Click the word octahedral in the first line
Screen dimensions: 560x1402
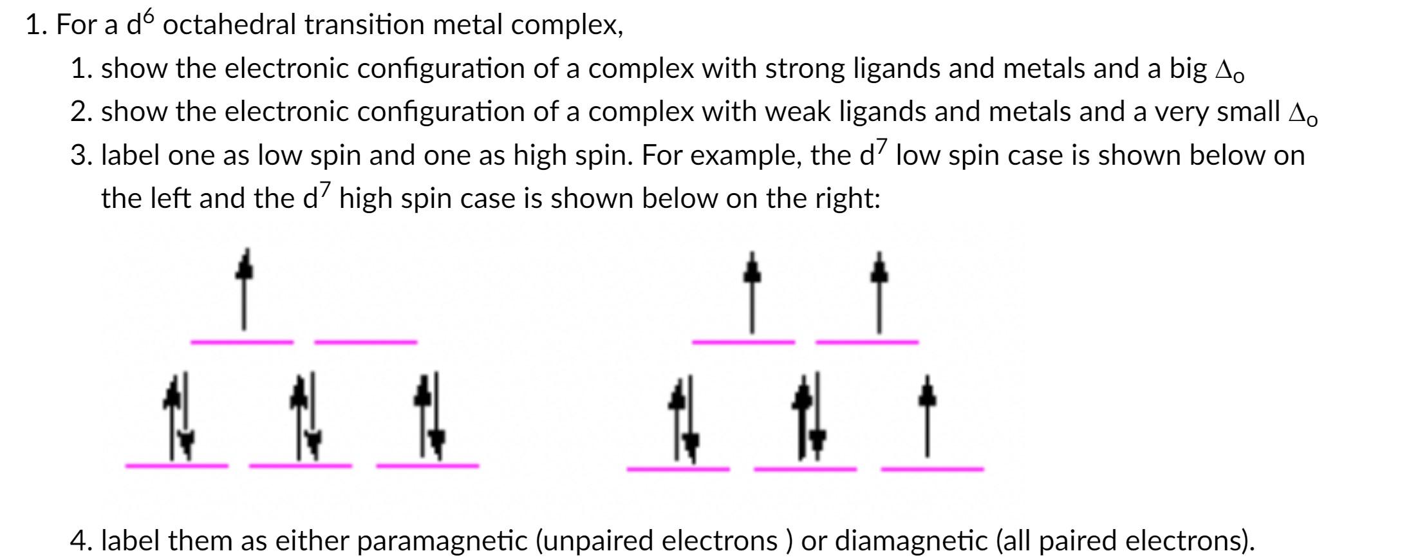(233, 26)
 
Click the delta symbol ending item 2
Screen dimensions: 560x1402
(1302, 114)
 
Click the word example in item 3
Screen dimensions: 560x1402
(743, 156)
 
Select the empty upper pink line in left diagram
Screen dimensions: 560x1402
(366, 342)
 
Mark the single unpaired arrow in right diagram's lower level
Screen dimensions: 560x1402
(927, 416)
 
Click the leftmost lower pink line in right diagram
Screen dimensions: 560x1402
(678, 469)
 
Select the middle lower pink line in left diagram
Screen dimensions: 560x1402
(301, 465)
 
